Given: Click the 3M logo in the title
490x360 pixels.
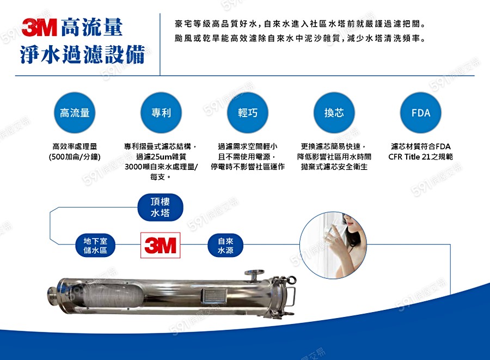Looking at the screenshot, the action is (x=39, y=27).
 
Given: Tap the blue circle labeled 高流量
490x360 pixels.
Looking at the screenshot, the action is (x=75, y=113).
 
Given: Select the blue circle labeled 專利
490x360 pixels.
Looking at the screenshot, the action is (x=161, y=113).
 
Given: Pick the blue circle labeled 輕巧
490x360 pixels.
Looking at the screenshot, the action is (x=248, y=113).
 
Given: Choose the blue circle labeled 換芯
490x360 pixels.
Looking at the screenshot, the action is (x=334, y=113).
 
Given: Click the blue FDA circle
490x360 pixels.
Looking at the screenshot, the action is (x=421, y=113).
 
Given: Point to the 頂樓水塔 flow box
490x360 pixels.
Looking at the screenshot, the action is (x=160, y=207).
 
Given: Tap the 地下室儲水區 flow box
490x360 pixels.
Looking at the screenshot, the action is (x=95, y=246).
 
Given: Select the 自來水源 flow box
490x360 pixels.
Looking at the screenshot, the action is (x=225, y=246).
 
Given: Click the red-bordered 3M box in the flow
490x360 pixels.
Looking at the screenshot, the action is (x=160, y=245).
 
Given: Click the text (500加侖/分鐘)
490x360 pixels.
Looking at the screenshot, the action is (x=75, y=157).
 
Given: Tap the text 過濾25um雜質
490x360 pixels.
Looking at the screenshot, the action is (x=161, y=157).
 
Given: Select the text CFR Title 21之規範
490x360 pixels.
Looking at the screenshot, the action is (x=421, y=157).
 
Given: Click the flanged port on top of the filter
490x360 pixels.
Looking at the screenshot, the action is (x=254, y=275).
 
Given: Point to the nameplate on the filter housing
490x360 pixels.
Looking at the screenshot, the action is (x=214, y=296).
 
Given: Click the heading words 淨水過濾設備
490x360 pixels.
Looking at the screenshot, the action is (x=83, y=54).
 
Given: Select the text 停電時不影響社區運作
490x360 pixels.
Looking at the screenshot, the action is (x=248, y=167).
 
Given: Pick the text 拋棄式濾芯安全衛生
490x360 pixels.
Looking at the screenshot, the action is (x=334, y=167).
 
